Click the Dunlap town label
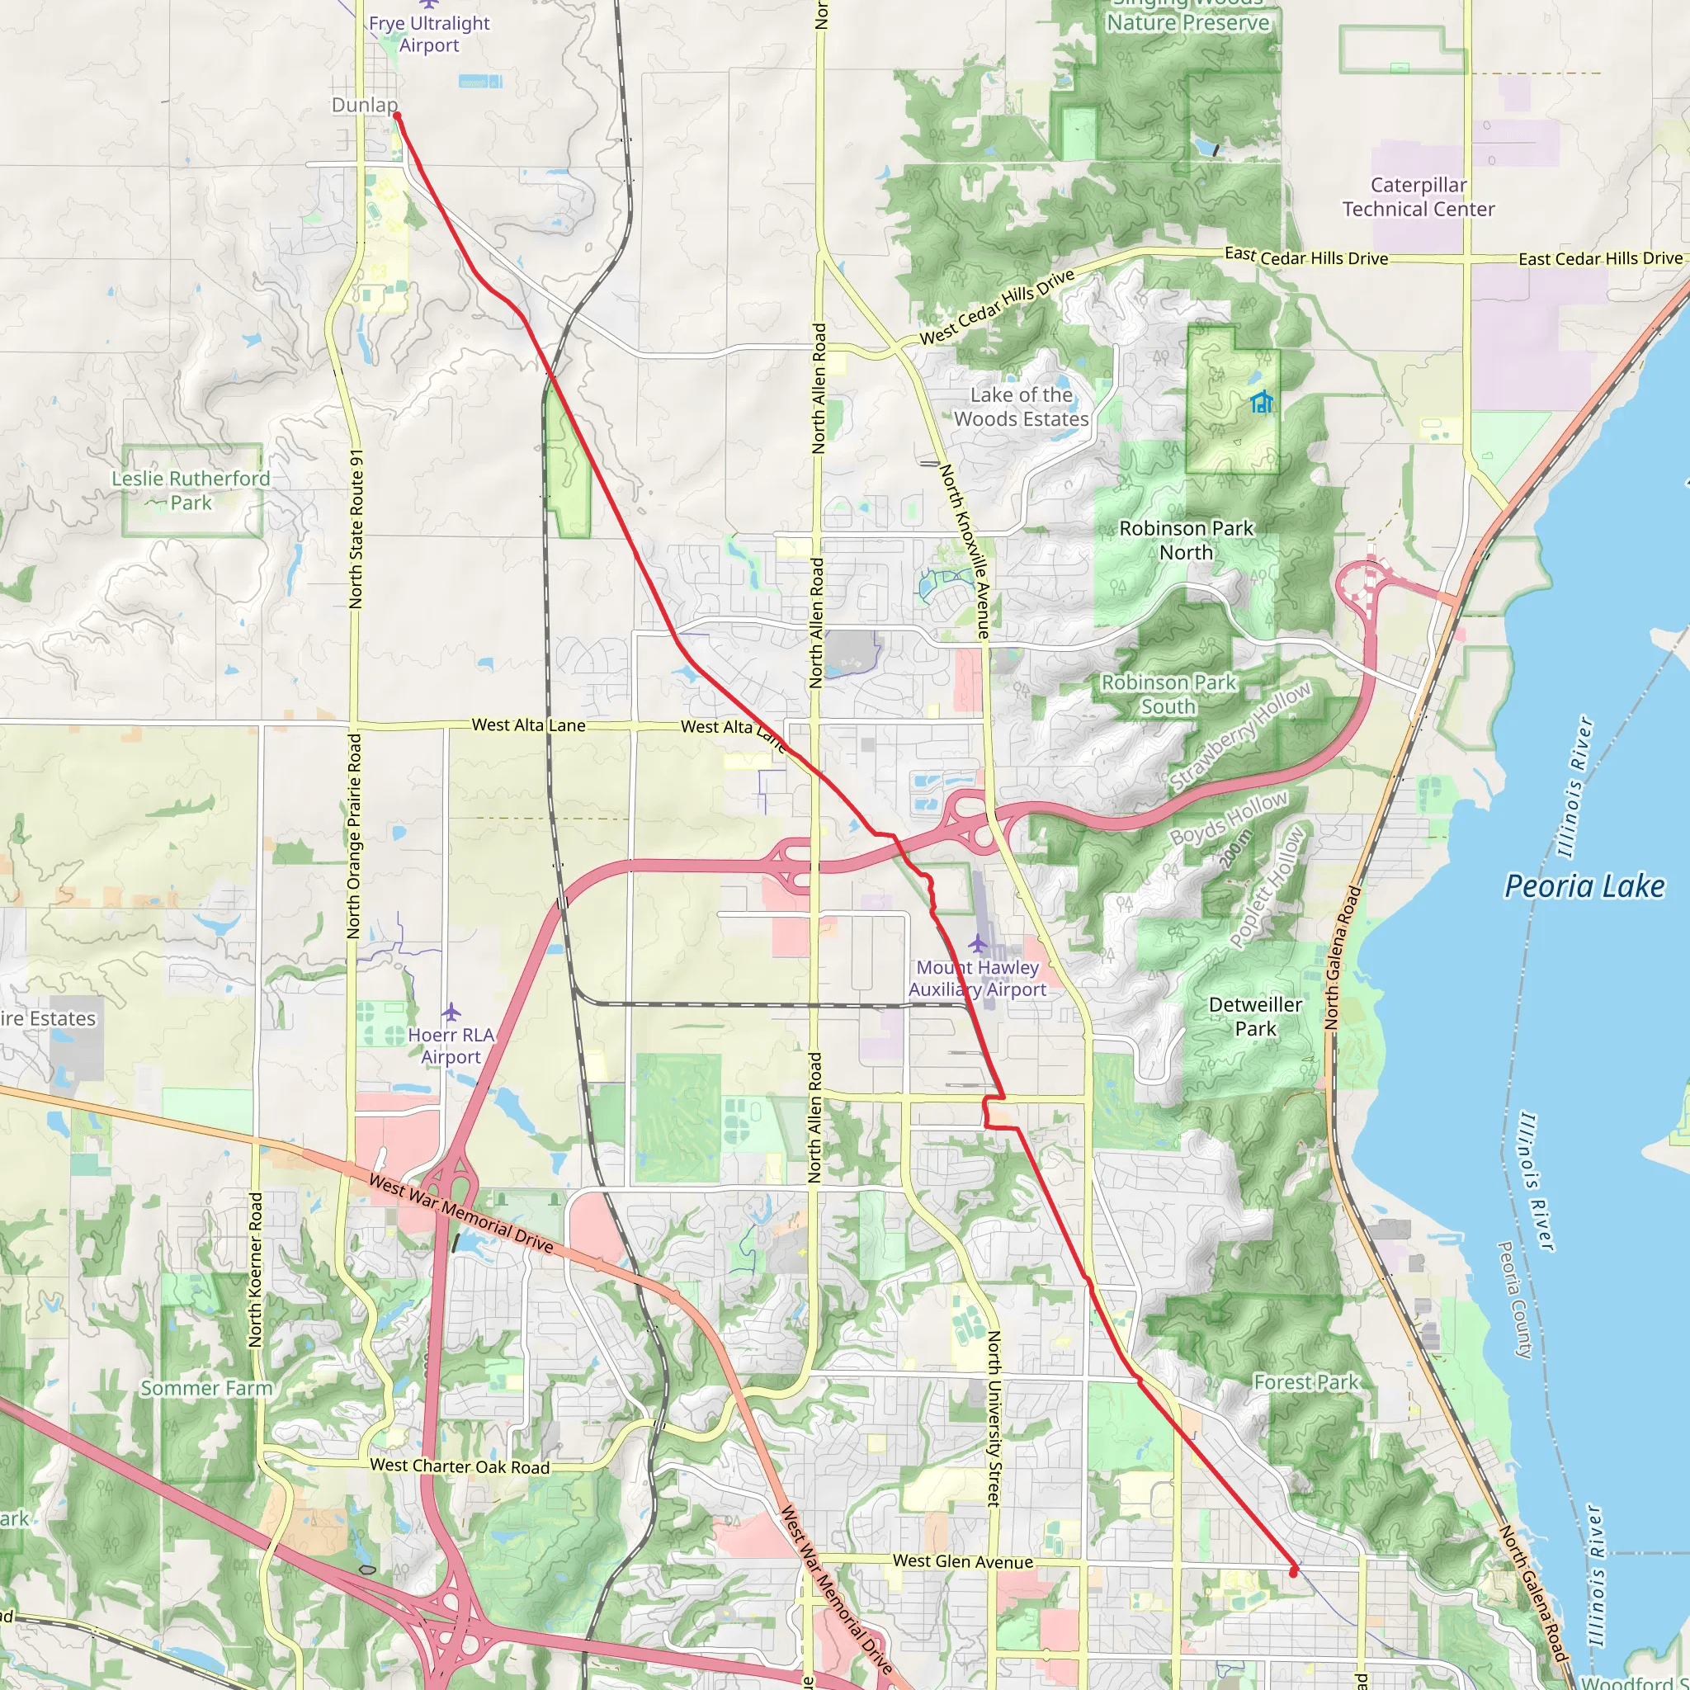(x=364, y=105)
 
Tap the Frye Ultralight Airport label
(x=428, y=34)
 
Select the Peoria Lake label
(x=1584, y=886)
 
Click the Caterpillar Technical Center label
(x=1418, y=197)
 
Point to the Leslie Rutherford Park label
(x=191, y=491)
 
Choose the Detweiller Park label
(x=1255, y=1017)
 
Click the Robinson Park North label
(x=1186, y=541)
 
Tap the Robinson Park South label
(x=1168, y=694)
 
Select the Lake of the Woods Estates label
(x=1021, y=407)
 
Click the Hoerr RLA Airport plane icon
(x=451, y=1012)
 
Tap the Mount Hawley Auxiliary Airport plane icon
(x=977, y=943)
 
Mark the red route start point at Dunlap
(x=396, y=116)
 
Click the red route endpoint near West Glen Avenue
(x=1294, y=1572)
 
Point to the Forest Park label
(x=1306, y=1382)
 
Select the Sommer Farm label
(x=206, y=1388)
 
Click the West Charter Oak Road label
(x=460, y=1466)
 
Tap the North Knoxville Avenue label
(x=964, y=550)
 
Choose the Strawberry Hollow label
(x=1241, y=737)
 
